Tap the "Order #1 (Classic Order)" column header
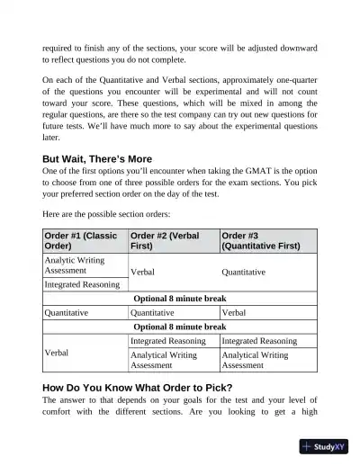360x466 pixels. tap(83, 240)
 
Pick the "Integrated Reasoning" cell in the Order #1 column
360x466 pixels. tap(82, 284)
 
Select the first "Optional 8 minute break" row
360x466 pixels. tap(179, 299)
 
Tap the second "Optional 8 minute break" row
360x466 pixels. tap(179, 327)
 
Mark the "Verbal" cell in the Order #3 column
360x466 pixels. tap(233, 313)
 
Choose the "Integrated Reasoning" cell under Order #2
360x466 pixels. tap(167, 341)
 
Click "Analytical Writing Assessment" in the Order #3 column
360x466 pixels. tap(255, 361)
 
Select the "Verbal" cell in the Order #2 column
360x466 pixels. tap(146, 271)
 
